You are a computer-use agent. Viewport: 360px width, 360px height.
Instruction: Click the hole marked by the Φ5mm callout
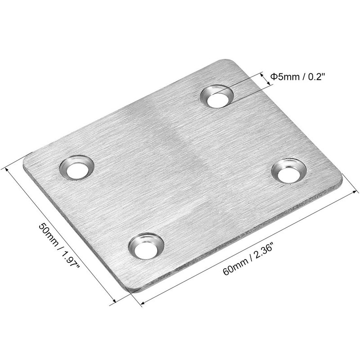pos(216,96)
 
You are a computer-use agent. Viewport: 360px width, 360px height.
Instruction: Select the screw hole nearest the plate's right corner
pos(289,171)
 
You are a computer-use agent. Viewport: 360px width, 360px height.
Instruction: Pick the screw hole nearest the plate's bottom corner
pos(145,246)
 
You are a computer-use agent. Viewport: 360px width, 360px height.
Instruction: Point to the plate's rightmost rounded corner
pos(339,180)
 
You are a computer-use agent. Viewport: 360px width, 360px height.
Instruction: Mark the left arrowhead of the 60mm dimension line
pos(142,304)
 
